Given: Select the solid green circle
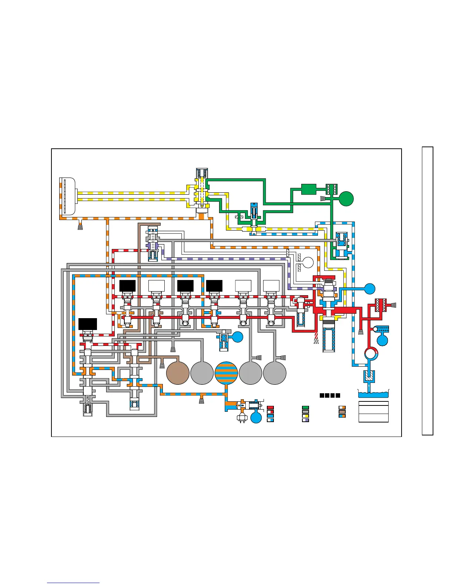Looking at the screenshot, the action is pos(346,199).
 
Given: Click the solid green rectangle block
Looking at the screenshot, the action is pos(308,189).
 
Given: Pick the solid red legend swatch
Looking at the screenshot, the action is pos(270,407).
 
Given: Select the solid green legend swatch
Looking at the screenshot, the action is pos(305,407).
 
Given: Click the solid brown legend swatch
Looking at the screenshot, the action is pos(342,411).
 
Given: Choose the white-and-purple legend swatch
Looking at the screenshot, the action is pos(305,420).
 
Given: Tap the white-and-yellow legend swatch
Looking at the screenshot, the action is pos(305,415).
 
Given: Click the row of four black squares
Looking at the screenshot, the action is pos(330,395).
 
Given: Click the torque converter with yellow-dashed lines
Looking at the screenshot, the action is pos(68,196).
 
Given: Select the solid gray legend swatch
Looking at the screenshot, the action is pos(305,411).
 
